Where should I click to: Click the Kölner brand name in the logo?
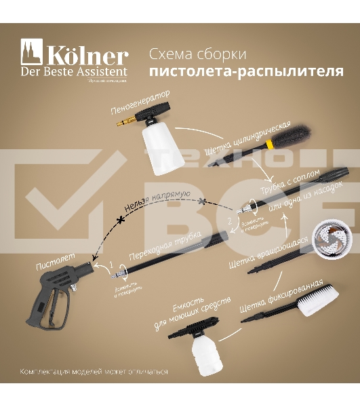coord(86,56)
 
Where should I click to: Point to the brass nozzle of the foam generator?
coord(124,123)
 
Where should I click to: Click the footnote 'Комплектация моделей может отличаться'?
coord(94,372)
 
